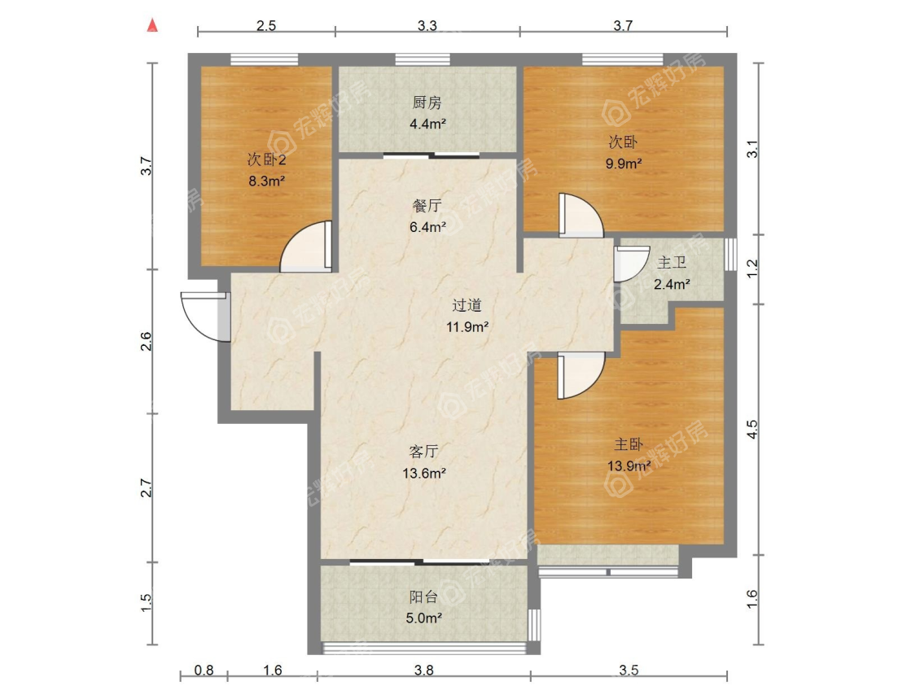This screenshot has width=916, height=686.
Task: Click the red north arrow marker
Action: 152,25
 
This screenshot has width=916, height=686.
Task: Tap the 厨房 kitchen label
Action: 427,103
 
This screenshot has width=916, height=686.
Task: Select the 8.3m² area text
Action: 267,181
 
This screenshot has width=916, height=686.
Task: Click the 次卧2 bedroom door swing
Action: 305,247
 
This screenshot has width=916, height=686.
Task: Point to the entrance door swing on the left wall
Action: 205,317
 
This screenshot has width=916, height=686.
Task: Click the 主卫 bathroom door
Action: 632,264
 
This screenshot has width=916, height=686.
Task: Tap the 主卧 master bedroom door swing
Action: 581,376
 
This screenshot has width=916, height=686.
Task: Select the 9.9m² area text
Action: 624,164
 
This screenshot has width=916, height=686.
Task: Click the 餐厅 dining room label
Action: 427,206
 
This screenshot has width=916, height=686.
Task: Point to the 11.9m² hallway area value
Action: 467,327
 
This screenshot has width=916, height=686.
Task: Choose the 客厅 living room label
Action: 424,452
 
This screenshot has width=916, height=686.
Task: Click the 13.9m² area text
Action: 629,466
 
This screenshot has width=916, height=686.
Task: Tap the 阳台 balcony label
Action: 423,596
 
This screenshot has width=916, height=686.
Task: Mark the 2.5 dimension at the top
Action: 265,26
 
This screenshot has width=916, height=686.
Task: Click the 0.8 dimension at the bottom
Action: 204,671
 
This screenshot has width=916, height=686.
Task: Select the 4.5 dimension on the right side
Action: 752,430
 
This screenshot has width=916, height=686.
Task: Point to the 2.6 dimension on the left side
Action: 146,342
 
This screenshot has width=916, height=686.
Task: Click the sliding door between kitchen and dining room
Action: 432,155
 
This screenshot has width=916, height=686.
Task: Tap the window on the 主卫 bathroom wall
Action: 730,253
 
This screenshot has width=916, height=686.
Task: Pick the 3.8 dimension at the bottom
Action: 424,671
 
